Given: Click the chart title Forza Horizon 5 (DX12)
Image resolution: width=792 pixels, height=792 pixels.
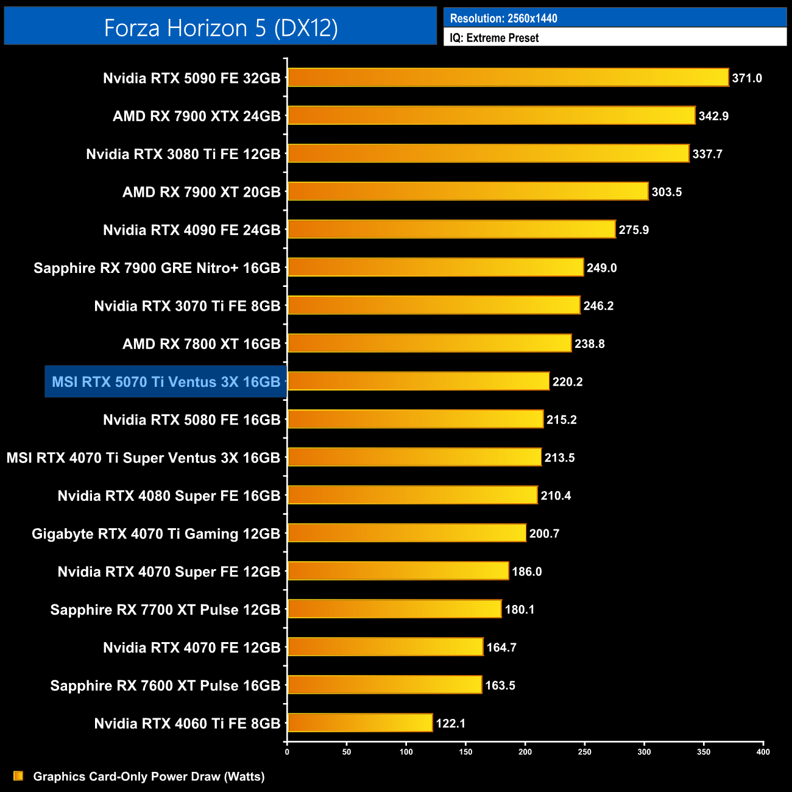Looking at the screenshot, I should click(x=221, y=28).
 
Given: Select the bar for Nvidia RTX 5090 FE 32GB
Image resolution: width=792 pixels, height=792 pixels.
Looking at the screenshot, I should click(x=507, y=77).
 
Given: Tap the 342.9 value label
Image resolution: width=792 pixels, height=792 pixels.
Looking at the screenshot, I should click(x=713, y=116).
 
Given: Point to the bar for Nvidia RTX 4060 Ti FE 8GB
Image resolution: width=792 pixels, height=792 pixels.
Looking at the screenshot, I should click(x=359, y=723).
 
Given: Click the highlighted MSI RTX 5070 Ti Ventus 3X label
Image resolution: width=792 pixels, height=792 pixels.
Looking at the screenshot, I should click(x=166, y=382).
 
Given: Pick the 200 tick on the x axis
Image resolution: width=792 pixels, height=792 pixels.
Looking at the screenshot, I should click(x=525, y=752).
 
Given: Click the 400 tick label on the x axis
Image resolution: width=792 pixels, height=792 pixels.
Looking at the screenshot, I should click(x=763, y=752).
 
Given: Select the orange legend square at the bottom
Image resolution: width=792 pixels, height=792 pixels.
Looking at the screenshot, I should click(x=18, y=776).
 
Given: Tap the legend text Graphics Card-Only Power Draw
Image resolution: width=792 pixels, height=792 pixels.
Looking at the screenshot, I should click(x=149, y=777).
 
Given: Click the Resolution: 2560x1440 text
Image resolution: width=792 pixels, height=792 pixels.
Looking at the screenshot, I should click(x=503, y=18).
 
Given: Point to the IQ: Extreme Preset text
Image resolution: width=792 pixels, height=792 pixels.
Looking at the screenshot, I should click(x=494, y=38).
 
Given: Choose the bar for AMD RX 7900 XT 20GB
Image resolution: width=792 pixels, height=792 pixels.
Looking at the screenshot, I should click(x=467, y=191).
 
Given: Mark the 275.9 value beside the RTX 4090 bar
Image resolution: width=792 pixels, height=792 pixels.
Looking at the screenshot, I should click(x=634, y=230).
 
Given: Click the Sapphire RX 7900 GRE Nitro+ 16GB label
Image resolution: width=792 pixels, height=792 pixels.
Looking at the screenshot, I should click(x=157, y=268).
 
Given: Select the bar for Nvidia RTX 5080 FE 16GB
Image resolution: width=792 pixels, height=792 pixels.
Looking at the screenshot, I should click(x=415, y=419).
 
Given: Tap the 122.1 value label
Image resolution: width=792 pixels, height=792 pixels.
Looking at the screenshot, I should click(x=450, y=723).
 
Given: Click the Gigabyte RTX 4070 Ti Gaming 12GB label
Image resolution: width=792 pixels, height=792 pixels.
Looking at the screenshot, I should click(x=156, y=534).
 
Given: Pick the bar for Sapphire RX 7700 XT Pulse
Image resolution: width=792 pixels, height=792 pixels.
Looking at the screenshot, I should click(x=394, y=609).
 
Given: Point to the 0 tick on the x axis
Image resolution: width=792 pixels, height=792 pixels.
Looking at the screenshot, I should click(x=287, y=752).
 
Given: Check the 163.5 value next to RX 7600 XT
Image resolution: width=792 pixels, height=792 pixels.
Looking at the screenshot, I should click(x=500, y=685).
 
